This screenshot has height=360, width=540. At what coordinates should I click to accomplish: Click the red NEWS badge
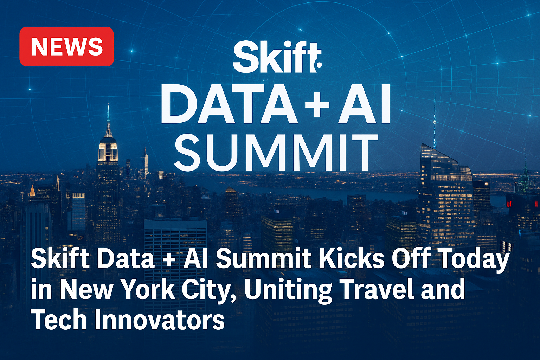coord(66,46)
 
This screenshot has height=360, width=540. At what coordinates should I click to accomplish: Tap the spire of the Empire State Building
coord(108,121)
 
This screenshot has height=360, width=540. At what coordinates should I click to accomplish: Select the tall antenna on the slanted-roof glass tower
coord(435,121)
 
